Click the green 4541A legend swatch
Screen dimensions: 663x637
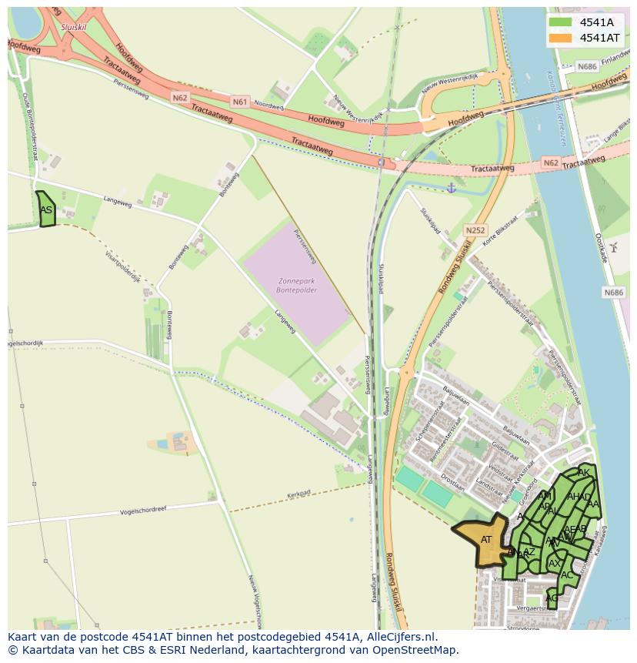[560, 22]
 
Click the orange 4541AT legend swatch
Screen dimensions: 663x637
[560, 38]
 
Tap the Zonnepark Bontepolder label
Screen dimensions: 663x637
[296, 286]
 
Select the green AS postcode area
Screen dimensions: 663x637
[46, 209]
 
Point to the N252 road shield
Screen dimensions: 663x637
[475, 229]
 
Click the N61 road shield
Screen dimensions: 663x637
[240, 101]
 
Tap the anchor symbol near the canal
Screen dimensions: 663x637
[452, 187]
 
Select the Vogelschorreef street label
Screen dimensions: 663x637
[148, 511]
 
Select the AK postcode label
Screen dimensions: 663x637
[584, 472]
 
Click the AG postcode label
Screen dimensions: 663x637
[552, 598]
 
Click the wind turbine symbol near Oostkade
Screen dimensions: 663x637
[613, 246]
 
